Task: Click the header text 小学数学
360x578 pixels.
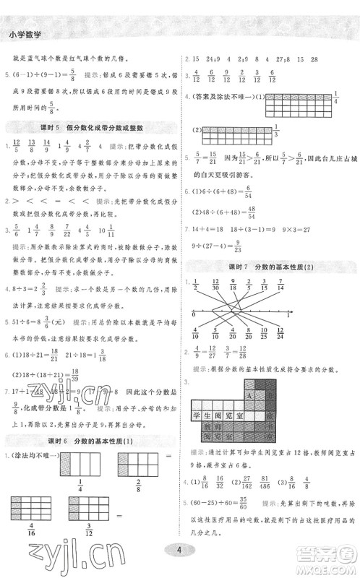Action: coord(25,34)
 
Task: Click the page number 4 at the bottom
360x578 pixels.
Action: coord(180,551)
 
